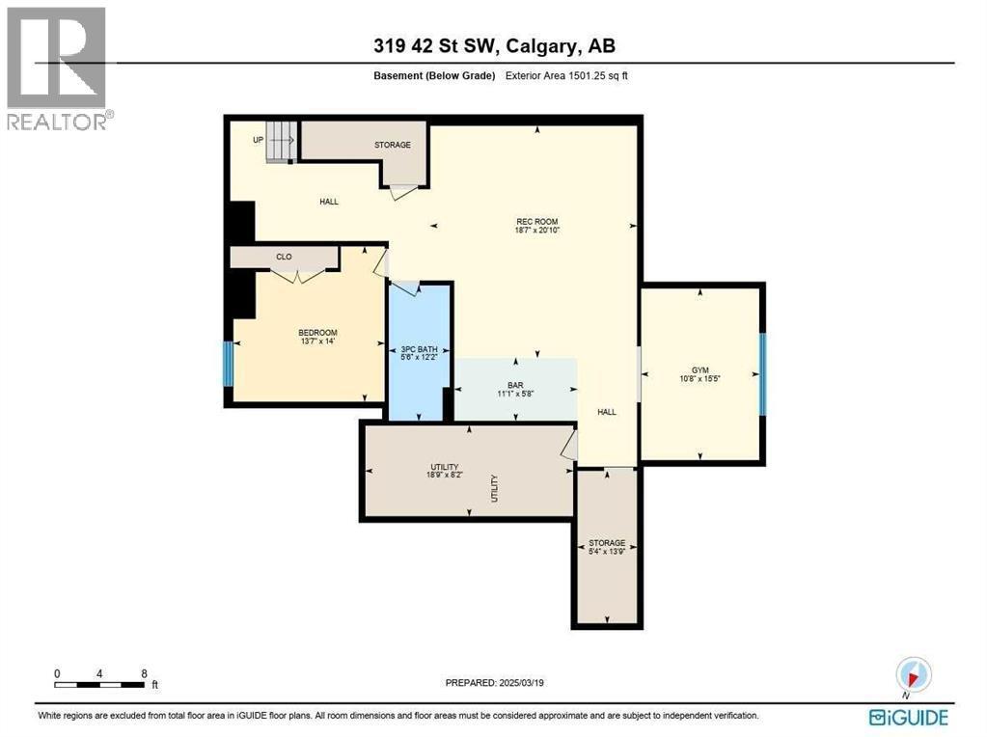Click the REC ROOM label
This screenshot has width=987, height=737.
point(537,221)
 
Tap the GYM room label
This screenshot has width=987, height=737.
point(699,368)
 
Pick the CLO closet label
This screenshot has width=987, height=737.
point(284,257)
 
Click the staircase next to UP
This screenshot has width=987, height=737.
point(281,142)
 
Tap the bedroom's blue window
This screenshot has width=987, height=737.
point(229,364)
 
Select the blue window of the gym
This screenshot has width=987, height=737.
point(762,374)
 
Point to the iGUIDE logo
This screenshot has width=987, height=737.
point(908,717)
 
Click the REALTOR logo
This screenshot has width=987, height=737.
point(57,68)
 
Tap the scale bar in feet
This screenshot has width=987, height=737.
point(100,685)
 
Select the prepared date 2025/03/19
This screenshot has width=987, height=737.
point(501,683)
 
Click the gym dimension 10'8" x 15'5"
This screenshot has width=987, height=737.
point(699,379)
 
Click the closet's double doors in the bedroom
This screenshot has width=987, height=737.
point(297,277)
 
